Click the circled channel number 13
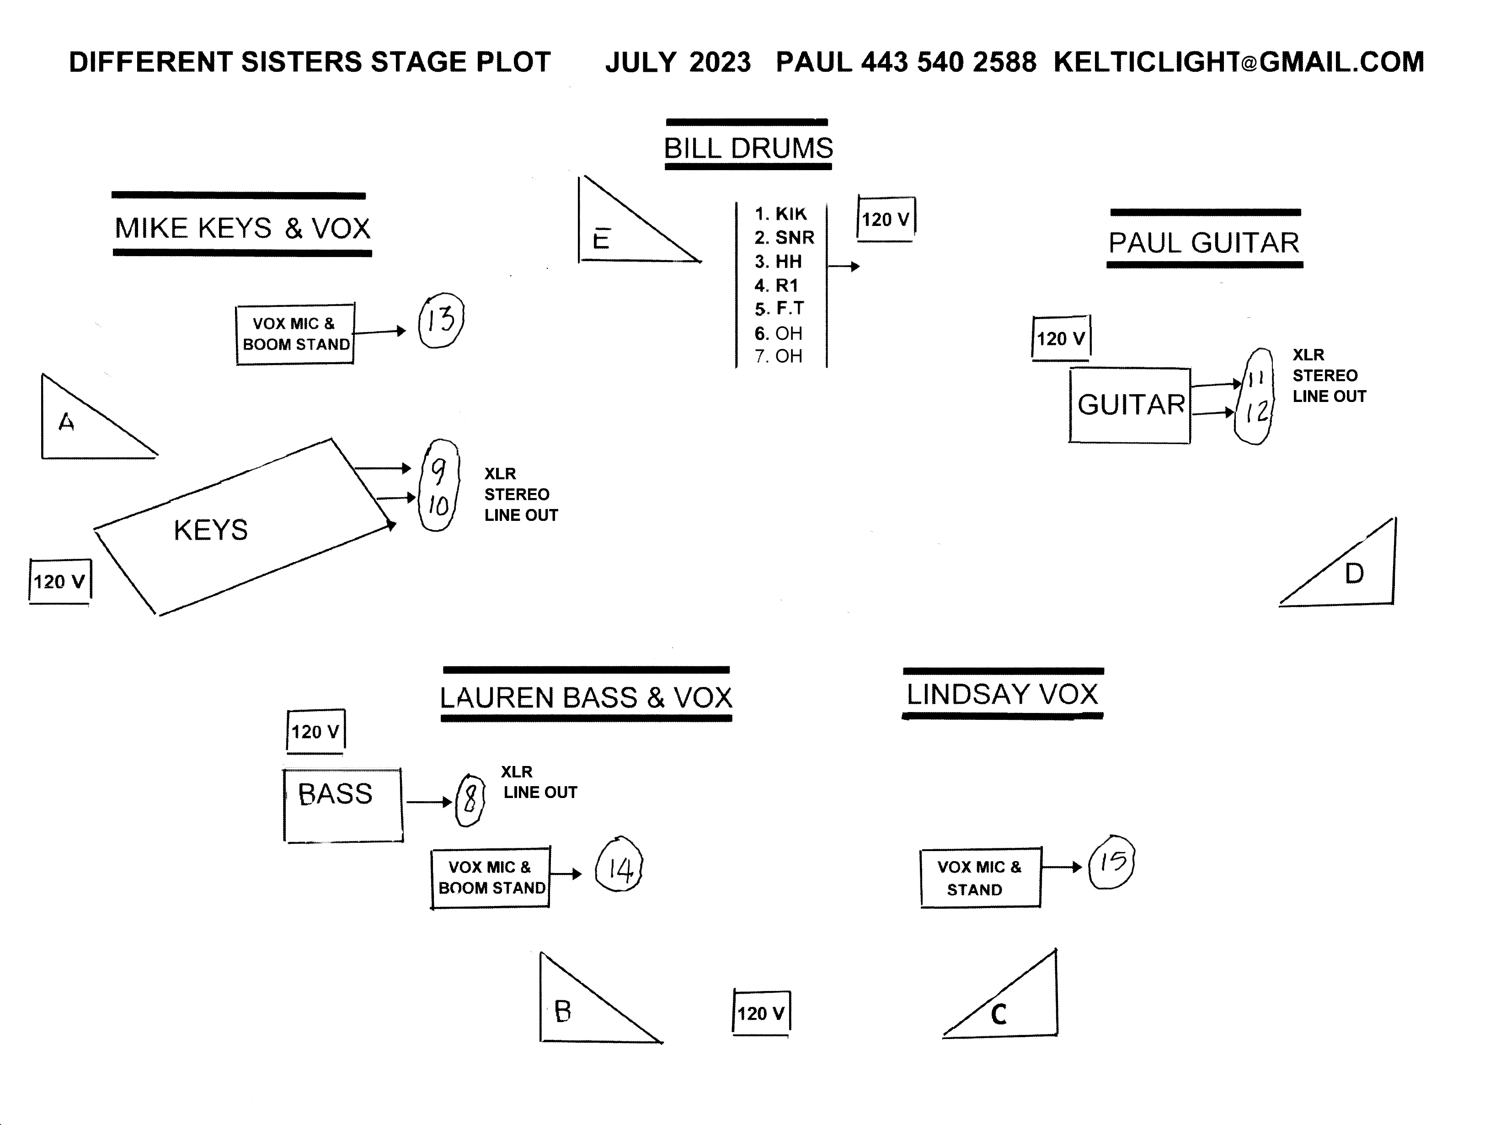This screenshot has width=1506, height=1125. coord(440,320)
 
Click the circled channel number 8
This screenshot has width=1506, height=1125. coord(470,801)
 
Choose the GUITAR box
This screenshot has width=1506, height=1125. coord(1130,405)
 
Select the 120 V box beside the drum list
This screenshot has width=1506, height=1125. coord(885,219)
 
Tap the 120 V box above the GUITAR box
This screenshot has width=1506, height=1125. coord(1061,338)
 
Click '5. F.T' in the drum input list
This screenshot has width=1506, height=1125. coord(779,309)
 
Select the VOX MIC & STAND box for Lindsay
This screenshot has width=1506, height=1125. coord(980,878)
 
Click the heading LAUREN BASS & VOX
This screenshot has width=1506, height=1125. coord(586,697)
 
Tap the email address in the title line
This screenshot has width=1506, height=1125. coord(1239,62)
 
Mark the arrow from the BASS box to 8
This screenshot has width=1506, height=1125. coord(429,802)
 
